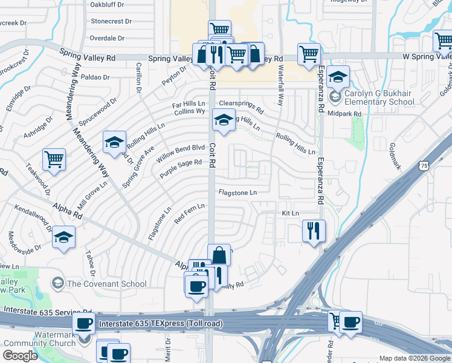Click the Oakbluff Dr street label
(x=106, y=5)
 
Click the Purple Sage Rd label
(x=180, y=169)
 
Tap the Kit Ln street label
(x=291, y=214)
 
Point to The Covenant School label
(x=106, y=284)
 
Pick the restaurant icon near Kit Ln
(x=314, y=230)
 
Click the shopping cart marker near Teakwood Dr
(x=54, y=160)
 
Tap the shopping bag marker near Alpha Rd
(x=219, y=255)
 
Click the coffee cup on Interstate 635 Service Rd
(x=84, y=324)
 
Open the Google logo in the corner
(x=20, y=356)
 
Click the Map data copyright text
(x=414, y=358)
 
